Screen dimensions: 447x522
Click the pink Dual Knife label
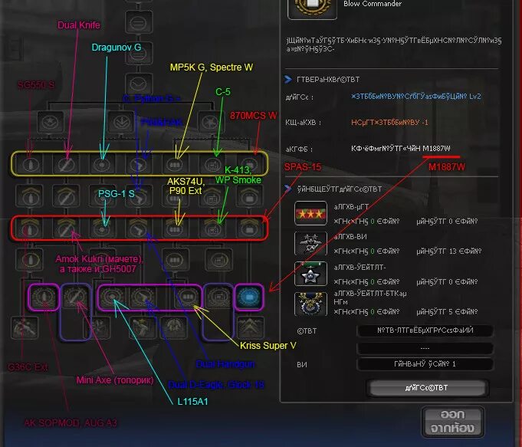click(x=79, y=25)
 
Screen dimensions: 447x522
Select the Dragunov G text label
click(x=117, y=47)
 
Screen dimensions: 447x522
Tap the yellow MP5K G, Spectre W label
click(x=211, y=67)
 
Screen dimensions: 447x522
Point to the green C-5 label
click(x=223, y=91)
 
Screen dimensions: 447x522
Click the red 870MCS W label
click(x=253, y=115)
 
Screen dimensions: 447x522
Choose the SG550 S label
click(x=35, y=85)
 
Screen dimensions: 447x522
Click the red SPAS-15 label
click(x=303, y=166)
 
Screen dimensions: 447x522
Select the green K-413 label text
click(x=238, y=170)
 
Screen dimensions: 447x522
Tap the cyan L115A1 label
click(x=192, y=400)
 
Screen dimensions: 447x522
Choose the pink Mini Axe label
click(x=114, y=380)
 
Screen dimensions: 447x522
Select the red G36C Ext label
click(x=28, y=367)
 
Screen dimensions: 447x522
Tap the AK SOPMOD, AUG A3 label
click(x=71, y=422)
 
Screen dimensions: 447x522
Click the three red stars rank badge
click(x=311, y=213)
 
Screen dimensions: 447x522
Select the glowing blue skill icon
click(x=248, y=296)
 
